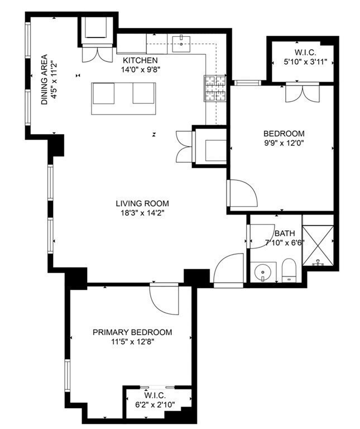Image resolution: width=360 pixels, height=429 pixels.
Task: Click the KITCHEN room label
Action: coord(140,60)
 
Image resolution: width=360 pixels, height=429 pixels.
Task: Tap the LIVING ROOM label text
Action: coord(142,203)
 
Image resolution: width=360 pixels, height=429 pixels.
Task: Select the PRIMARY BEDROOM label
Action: coord(132,332)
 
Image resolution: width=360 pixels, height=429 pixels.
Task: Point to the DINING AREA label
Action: coord(44,80)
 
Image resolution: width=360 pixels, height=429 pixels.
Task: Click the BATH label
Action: coord(285,233)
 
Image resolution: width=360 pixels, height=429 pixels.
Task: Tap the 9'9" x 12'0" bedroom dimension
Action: coord(284,143)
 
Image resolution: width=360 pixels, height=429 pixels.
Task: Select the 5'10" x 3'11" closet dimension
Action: coord(306,62)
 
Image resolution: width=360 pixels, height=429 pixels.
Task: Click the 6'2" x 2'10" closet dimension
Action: coord(155,404)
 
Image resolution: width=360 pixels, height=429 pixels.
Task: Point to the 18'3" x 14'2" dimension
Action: coord(142,213)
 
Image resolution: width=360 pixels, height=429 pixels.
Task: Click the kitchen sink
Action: coord(181,44)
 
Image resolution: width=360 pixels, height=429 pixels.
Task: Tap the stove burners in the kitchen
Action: coord(215,88)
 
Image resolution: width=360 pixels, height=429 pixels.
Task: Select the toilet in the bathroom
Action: coord(289,270)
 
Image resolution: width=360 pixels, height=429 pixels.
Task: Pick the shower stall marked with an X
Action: coord(318,245)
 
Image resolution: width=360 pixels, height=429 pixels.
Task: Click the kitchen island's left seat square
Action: coord(103,93)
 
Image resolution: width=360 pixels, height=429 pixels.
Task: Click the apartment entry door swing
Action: coord(228,269)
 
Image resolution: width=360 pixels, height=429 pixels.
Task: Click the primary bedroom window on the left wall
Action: coord(67,375)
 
